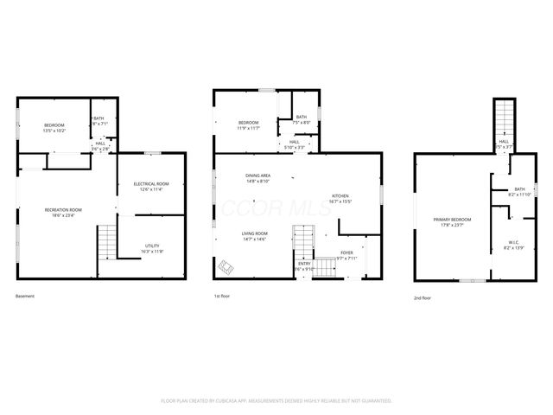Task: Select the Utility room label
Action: (x=151, y=249)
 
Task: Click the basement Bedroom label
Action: (x=54, y=127)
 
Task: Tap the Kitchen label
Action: (x=340, y=199)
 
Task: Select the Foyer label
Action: (x=346, y=254)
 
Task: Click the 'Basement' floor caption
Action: (x=26, y=297)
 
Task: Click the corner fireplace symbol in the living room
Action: (x=226, y=266)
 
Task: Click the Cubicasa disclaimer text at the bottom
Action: (x=276, y=401)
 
